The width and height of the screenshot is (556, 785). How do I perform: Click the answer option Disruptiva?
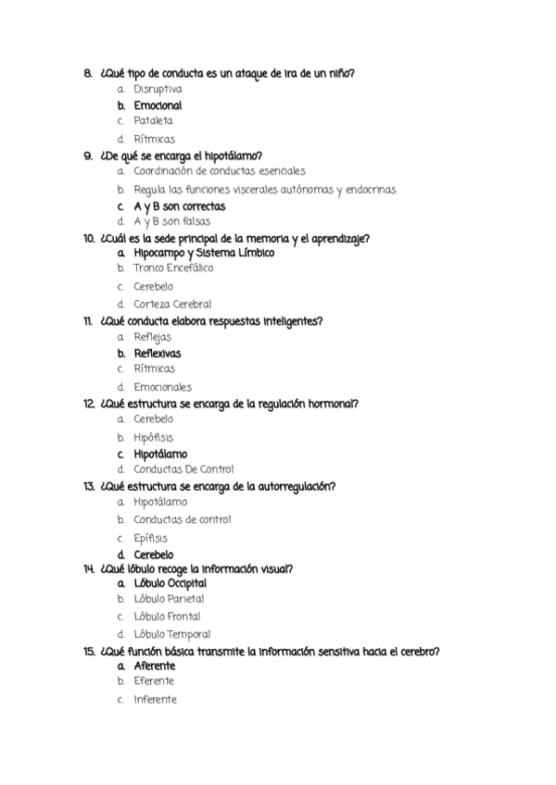pos(158,89)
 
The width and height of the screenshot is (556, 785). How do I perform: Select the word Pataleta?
pos(153,120)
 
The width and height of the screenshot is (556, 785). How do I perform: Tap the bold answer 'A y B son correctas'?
pos(179,206)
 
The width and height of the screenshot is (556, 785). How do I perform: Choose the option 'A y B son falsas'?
pos(171,222)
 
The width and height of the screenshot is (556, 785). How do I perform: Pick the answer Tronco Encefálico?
pos(173,268)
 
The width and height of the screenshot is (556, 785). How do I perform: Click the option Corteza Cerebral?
pos(172,304)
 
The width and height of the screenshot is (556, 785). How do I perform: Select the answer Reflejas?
pos(152,337)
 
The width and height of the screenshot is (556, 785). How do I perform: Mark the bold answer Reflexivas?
pos(157,354)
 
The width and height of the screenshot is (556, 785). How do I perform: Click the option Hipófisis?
pos(153,437)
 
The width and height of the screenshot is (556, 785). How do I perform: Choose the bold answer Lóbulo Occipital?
pos(170,584)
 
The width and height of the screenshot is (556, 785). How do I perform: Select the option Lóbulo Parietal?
pos(169,600)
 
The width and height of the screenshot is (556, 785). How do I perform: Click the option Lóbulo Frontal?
pos(167,617)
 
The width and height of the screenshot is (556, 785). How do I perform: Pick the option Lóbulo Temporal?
pos(171,634)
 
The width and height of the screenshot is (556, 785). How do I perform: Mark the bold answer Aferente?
pos(154,666)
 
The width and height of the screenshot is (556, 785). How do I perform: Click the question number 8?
pos(87,73)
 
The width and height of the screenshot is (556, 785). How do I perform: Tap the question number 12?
pos(89,404)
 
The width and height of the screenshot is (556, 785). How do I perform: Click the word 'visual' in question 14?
pos(316,568)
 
